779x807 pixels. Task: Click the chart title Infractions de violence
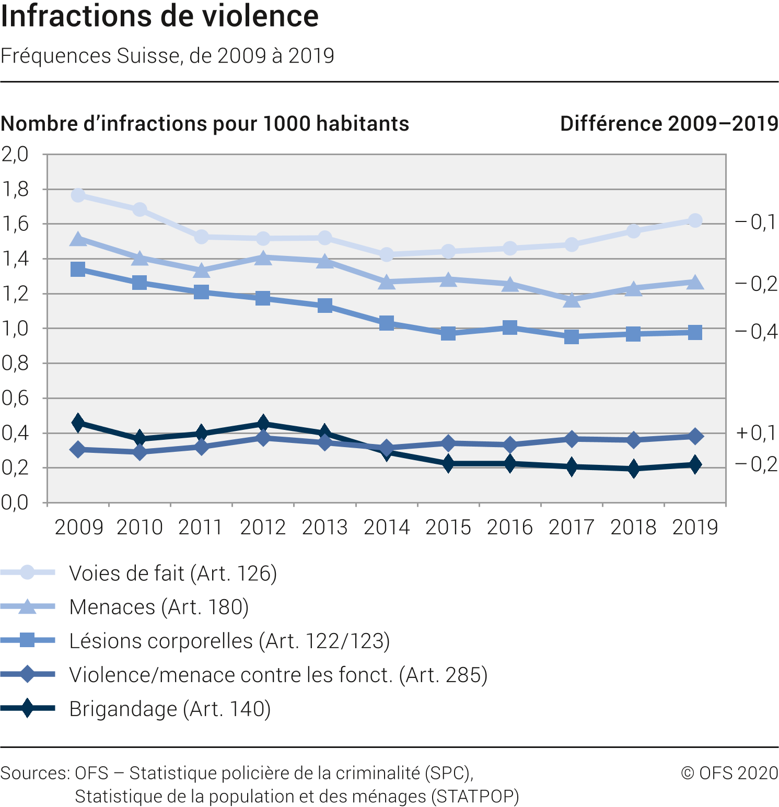click(160, 17)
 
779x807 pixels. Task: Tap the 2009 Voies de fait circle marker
click(78, 195)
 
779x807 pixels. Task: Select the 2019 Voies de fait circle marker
click(695, 220)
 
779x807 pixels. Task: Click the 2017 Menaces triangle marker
click(572, 300)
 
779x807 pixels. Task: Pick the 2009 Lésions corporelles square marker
click(78, 270)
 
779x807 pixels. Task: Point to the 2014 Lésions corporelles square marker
click(387, 323)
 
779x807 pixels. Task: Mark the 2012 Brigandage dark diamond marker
click(263, 423)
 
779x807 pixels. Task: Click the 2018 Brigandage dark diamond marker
click(633, 469)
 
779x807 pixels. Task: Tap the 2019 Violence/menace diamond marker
click(695, 436)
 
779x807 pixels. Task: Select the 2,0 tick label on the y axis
click(15, 155)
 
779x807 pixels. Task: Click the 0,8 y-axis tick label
click(15, 364)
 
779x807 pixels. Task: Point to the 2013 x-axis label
click(324, 528)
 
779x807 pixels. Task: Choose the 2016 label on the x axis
click(509, 528)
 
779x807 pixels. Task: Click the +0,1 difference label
click(756, 433)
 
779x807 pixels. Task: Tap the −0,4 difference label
click(756, 332)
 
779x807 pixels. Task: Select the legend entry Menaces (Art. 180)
click(159, 607)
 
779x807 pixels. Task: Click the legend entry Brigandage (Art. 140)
click(170, 709)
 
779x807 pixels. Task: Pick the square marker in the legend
click(27, 640)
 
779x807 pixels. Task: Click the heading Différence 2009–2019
click(669, 124)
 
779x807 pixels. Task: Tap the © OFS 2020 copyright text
click(729, 773)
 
